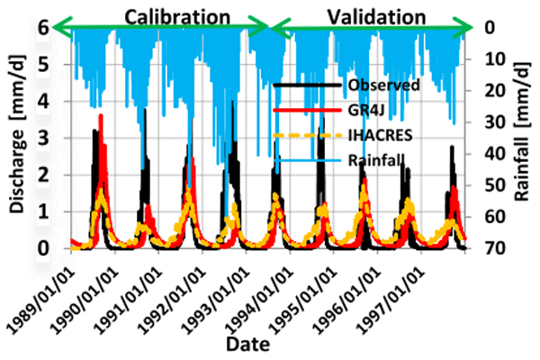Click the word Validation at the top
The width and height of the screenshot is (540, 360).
(x=376, y=16)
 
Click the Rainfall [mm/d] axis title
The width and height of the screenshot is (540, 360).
(x=521, y=143)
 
